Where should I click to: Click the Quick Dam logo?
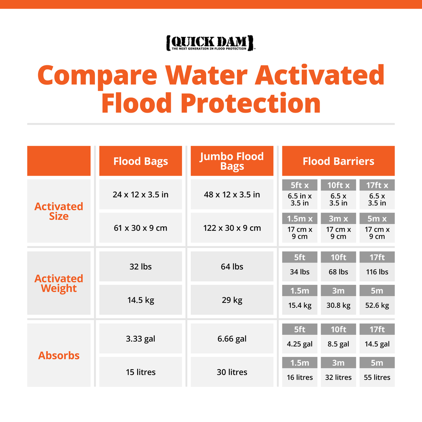click(210, 43)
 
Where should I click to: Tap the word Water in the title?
click(206, 75)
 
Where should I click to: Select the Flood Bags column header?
click(141, 161)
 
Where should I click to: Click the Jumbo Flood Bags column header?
click(232, 161)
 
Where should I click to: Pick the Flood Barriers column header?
click(338, 161)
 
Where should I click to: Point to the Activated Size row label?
click(59, 211)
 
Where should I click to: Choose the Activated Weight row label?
click(59, 283)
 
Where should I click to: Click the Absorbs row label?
click(59, 356)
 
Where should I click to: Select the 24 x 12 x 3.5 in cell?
click(141, 194)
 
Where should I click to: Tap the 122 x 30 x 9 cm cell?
click(232, 228)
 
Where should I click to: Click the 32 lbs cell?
click(141, 267)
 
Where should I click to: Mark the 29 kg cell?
click(232, 300)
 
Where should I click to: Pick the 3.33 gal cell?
click(141, 339)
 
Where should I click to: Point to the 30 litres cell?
click(232, 372)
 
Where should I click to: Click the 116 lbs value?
click(377, 272)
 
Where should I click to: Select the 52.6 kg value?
click(377, 305)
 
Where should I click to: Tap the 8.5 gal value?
click(338, 344)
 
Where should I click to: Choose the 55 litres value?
click(377, 377)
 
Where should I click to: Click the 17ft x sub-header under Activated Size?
click(377, 185)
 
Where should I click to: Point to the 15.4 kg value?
click(300, 305)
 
